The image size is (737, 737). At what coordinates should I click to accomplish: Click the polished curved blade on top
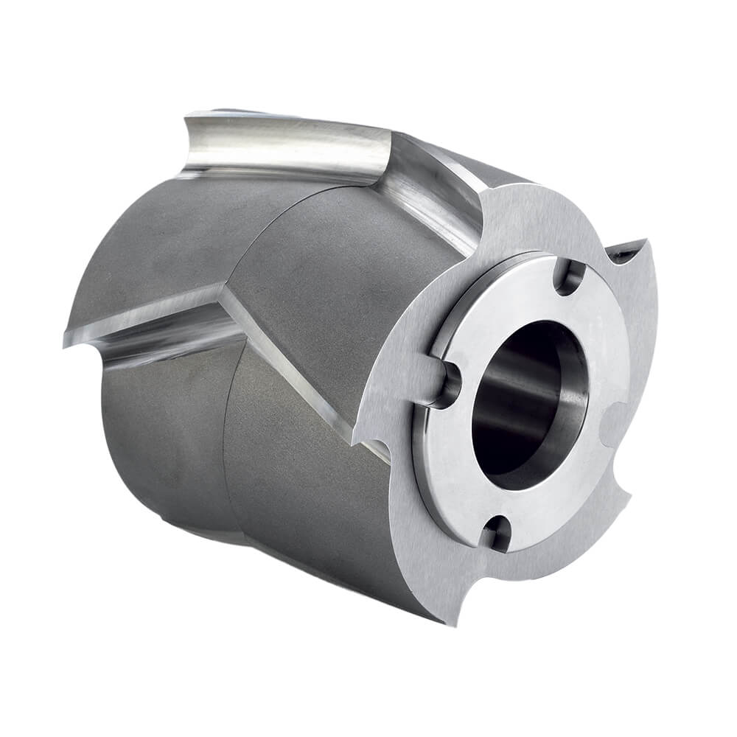coord(287,151)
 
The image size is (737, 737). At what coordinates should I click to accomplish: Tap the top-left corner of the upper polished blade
coord(186,116)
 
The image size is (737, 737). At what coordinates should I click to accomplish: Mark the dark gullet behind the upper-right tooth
coord(623,254)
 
